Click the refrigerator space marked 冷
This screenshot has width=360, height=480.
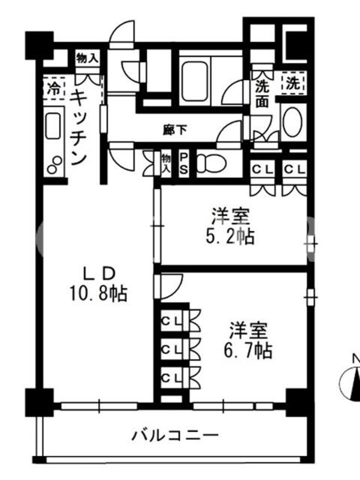pyautogui.click(x=54, y=88)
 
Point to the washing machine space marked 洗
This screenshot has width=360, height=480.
pyautogui.click(x=293, y=83)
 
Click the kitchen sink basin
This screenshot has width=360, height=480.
pyautogui.click(x=53, y=126)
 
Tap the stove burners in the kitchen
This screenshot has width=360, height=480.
pyautogui.click(x=55, y=164)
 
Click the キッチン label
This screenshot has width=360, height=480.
pyautogui.click(x=79, y=128)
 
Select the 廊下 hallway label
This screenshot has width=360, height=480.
pyautogui.click(x=175, y=130)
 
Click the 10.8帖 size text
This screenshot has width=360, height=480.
pyautogui.click(x=98, y=293)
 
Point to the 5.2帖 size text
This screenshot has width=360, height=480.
pyautogui.click(x=230, y=236)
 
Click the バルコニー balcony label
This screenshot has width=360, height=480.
pyautogui.click(x=175, y=435)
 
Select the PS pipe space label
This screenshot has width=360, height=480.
pyautogui.click(x=184, y=164)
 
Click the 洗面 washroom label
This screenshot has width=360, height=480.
pyautogui.click(x=262, y=94)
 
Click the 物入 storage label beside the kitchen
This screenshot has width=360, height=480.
pyautogui.click(x=87, y=58)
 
